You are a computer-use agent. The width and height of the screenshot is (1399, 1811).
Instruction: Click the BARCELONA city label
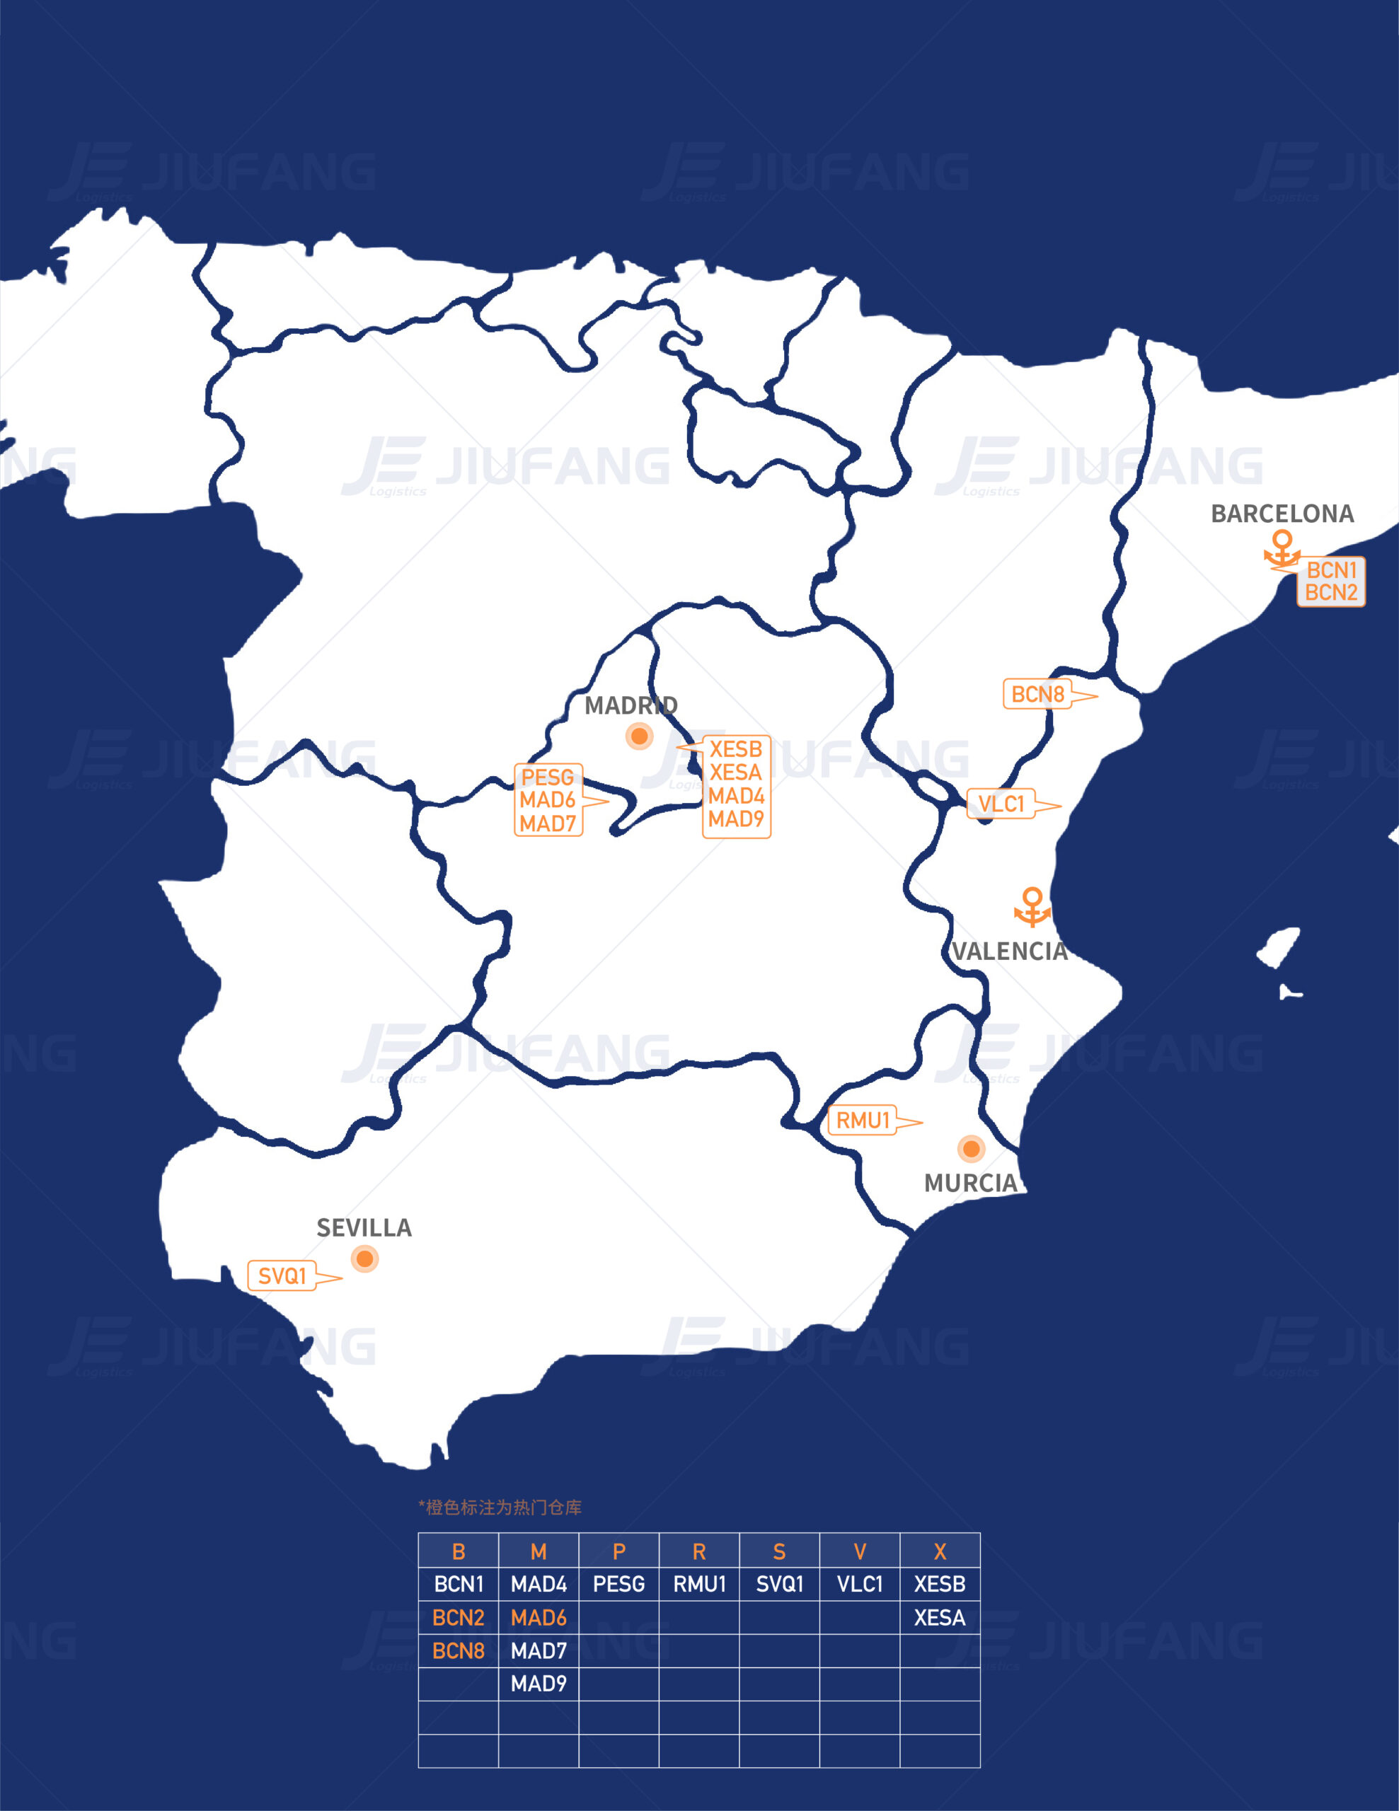click(x=1282, y=514)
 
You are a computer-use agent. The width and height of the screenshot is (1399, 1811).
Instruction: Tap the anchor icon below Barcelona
click(x=1282, y=550)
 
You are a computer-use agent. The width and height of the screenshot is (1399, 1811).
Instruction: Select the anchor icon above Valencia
click(x=1032, y=906)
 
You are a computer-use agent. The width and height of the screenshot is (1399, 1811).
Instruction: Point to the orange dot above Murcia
click(x=971, y=1148)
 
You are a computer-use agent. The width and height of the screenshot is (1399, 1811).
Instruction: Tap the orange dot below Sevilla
click(x=364, y=1259)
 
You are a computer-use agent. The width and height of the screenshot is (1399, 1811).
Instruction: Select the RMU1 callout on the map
click(x=863, y=1121)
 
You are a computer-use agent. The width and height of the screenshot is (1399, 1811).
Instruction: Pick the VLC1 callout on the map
click(x=1001, y=804)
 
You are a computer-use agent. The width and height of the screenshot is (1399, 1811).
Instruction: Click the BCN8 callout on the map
click(x=1037, y=694)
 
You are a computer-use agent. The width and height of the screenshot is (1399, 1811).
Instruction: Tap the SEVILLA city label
click(x=364, y=1228)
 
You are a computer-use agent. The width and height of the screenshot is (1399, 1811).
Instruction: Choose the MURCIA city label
click(x=970, y=1184)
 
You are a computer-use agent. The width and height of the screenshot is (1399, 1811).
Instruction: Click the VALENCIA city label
click(x=1009, y=951)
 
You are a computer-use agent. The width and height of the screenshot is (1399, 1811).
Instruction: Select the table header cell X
click(x=940, y=1551)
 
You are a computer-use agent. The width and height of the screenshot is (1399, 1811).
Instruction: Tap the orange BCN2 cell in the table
click(x=458, y=1618)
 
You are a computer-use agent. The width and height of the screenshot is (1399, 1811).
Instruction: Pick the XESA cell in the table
click(x=940, y=1618)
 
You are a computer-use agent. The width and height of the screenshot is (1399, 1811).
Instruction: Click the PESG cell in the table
click(x=618, y=1585)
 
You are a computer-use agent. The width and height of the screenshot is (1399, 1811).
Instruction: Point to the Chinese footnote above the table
click(x=500, y=1508)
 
